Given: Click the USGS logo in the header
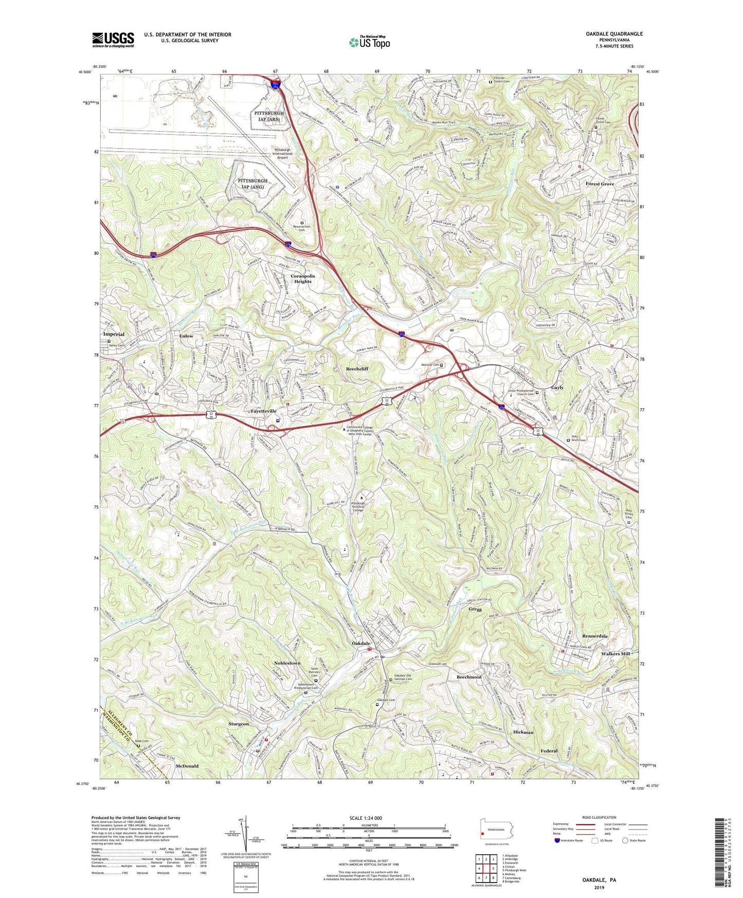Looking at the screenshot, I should coord(113,39).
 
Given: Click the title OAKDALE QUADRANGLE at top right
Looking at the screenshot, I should coord(614,34).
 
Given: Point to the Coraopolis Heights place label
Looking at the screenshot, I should coord(302,279).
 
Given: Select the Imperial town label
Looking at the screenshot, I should coord(114,334).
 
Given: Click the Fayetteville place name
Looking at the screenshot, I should coord(263,411).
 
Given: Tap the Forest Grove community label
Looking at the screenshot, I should coord(600,184).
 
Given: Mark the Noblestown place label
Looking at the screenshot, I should coord(287,663).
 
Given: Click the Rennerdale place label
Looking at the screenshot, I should coord(595,636).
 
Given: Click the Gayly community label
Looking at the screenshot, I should coord(557,387).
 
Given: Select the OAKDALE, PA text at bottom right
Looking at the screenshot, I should coord(599,880).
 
